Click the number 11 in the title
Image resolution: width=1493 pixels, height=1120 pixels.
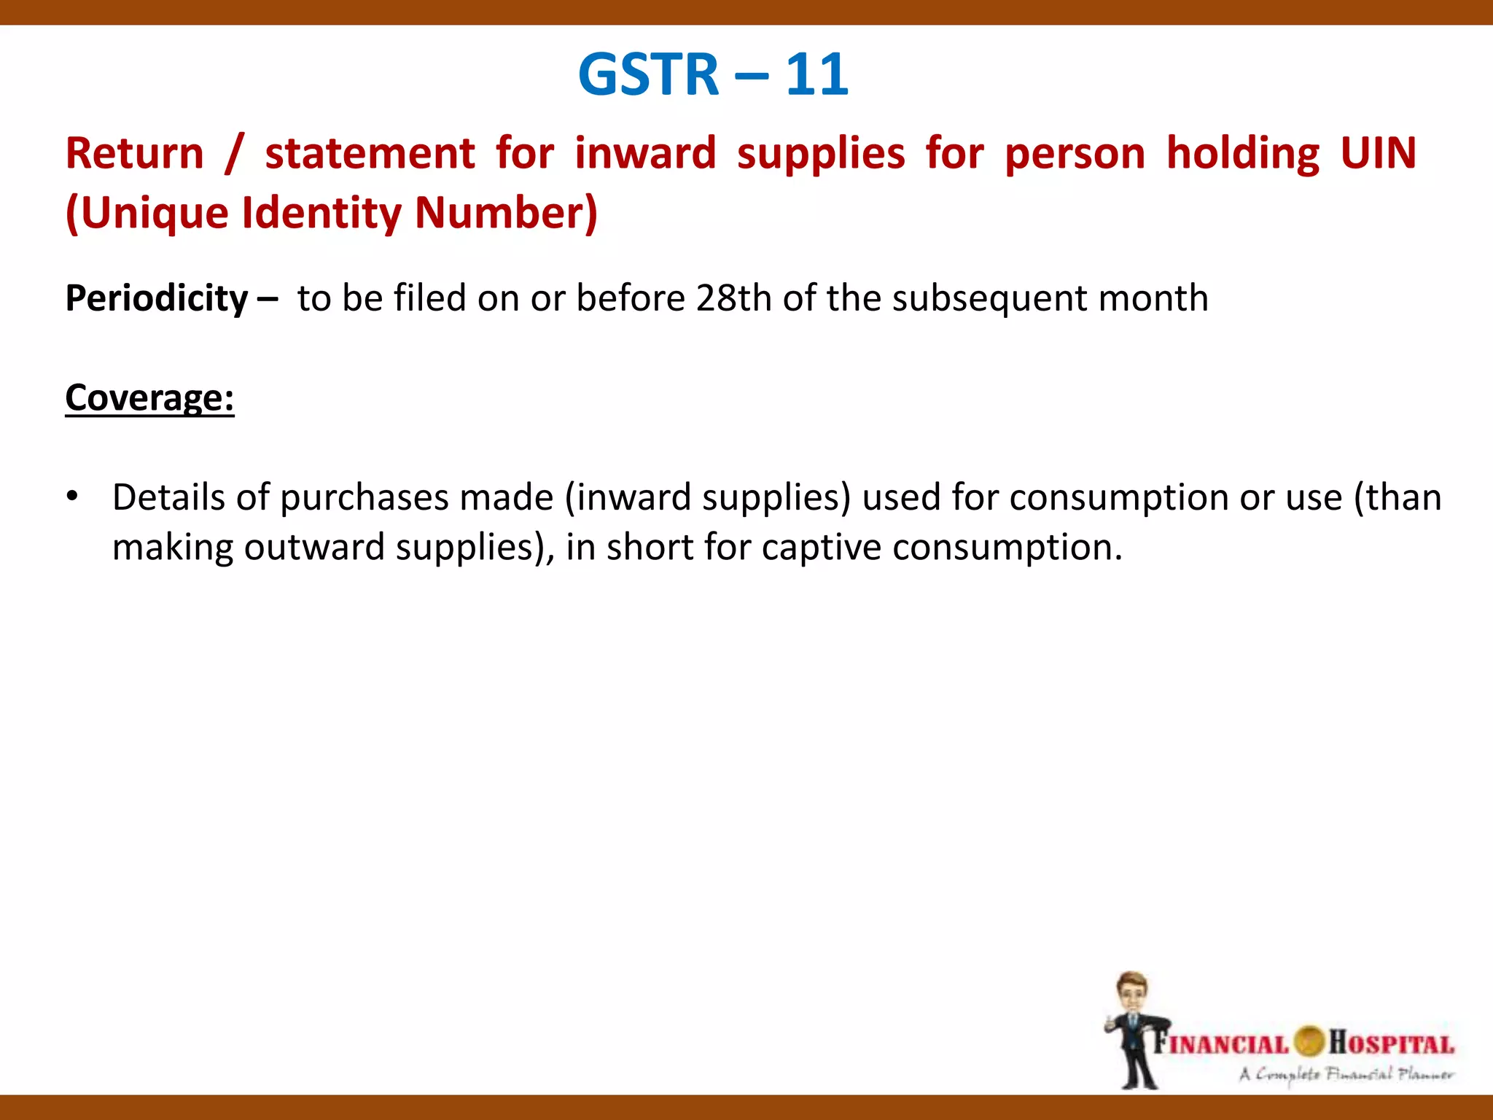(816, 74)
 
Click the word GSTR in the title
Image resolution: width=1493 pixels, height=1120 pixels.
(648, 74)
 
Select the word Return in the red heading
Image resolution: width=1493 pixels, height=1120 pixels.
(135, 154)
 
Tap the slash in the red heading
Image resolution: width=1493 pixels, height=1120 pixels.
(233, 154)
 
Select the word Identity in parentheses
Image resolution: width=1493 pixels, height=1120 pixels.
(321, 213)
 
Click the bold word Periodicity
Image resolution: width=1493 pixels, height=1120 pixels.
(157, 298)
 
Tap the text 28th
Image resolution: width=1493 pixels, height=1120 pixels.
(733, 298)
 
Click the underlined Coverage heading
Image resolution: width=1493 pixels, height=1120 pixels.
(149, 398)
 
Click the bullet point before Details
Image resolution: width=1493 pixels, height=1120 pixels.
(71, 497)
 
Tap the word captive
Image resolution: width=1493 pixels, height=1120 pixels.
(821, 547)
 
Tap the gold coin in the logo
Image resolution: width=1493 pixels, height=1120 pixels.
(1309, 1041)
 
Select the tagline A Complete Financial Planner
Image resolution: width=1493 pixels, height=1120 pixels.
(1346, 1074)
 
